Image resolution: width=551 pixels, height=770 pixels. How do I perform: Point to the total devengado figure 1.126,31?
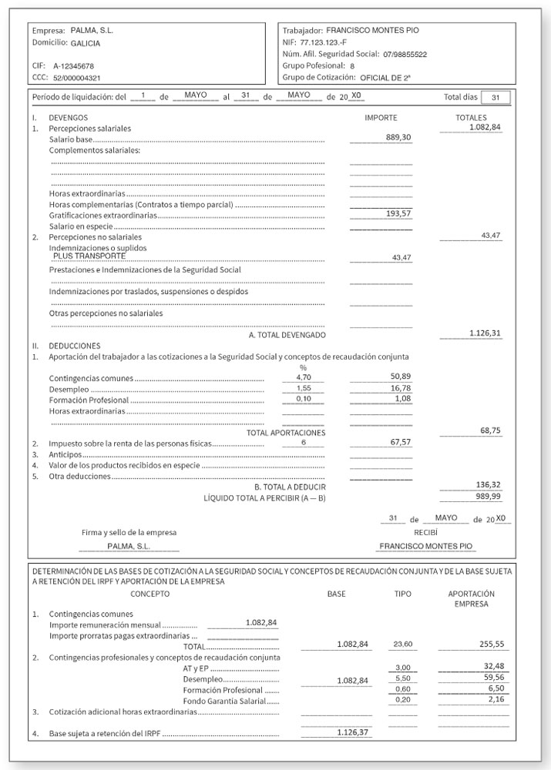click(485, 333)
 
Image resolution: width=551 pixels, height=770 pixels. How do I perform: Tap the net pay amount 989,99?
click(486, 497)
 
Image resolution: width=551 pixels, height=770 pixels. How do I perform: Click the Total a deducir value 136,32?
click(486, 485)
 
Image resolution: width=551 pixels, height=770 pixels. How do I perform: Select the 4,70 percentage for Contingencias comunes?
click(303, 378)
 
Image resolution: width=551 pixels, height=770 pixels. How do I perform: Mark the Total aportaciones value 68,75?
click(490, 431)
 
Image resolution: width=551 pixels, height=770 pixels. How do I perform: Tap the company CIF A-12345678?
click(74, 66)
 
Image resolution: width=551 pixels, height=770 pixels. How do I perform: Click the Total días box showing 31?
click(496, 98)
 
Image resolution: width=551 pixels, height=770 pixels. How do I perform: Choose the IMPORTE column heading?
click(381, 117)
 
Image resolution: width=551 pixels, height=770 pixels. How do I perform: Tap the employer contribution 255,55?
click(490, 644)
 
